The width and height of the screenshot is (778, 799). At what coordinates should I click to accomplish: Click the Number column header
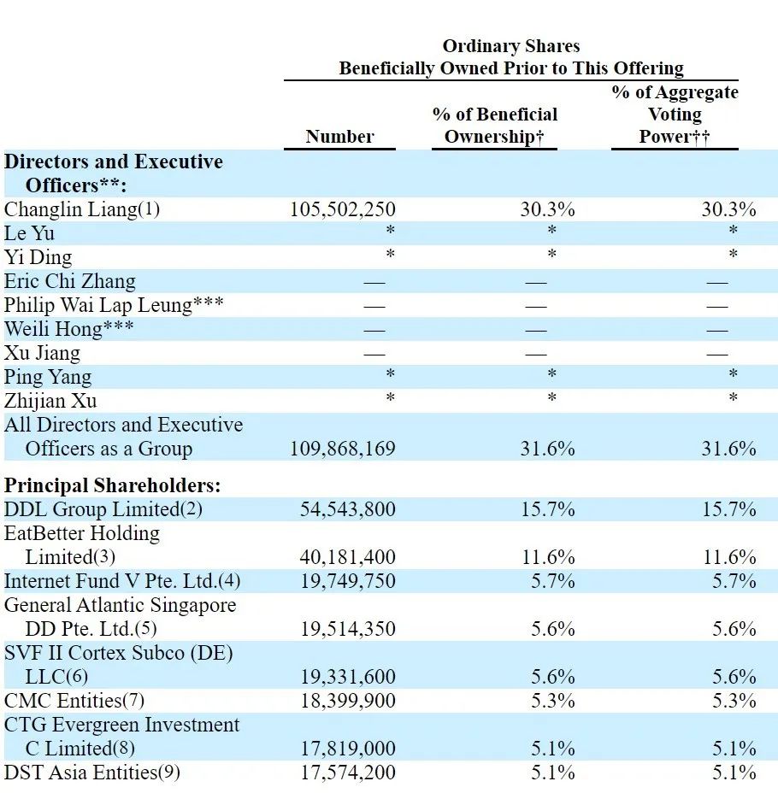(x=339, y=137)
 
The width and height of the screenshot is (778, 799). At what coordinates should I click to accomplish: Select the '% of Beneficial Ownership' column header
(x=494, y=126)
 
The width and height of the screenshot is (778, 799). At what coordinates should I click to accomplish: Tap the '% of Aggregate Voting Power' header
(x=675, y=115)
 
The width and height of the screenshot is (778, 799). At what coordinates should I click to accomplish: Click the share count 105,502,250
(x=343, y=209)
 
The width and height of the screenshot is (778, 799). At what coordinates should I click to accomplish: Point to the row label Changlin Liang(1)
(x=82, y=209)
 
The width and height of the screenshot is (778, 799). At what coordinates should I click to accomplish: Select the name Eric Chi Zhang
(x=70, y=281)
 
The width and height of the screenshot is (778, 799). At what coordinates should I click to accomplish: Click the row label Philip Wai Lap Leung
(x=97, y=305)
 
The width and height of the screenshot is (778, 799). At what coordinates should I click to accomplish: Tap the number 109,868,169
(x=343, y=449)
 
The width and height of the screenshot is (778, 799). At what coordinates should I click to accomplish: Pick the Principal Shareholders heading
(x=112, y=485)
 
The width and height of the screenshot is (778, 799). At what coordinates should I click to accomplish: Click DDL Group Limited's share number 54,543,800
(x=348, y=509)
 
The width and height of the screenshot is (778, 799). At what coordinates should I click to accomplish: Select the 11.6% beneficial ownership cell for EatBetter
(x=548, y=557)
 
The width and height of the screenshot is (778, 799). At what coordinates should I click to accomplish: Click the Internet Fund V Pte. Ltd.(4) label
(x=122, y=581)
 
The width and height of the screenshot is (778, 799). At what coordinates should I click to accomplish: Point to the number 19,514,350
(x=348, y=629)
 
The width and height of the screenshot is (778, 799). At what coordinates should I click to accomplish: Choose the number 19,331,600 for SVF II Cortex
(x=348, y=677)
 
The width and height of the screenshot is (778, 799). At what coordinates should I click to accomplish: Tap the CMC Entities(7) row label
(x=74, y=702)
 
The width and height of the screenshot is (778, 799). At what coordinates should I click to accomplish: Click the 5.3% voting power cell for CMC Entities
(x=734, y=702)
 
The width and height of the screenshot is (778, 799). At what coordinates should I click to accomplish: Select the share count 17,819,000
(x=348, y=749)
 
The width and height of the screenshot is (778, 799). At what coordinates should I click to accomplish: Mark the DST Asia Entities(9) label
(x=91, y=773)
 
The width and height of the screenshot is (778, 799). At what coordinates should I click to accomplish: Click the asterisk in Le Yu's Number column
(x=390, y=231)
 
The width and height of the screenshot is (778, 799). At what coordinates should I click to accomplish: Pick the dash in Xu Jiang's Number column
(x=374, y=354)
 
